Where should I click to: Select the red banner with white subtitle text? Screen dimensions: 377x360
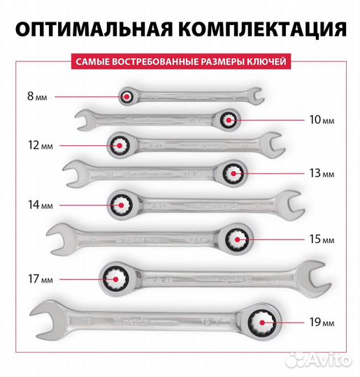pyautogui.click(x=180, y=61)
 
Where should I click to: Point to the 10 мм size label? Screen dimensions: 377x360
pyautogui.click(x=319, y=121)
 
